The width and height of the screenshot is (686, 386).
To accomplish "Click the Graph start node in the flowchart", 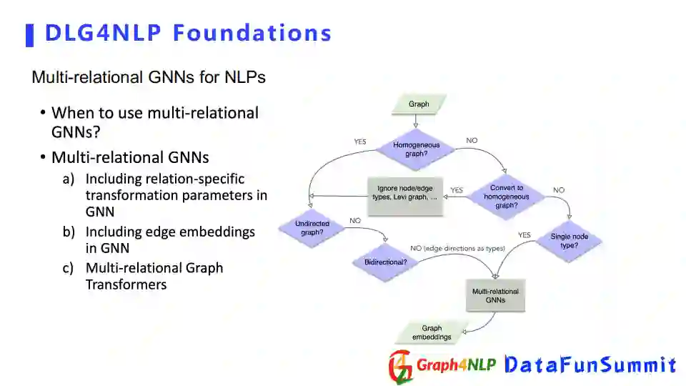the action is (419, 104).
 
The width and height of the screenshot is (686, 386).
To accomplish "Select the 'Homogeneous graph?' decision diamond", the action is (416, 149).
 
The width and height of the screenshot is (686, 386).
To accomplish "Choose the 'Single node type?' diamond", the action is (565, 240).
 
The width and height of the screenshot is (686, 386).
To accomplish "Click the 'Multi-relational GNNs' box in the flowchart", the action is (495, 296).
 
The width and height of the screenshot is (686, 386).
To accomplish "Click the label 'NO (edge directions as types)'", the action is (457, 248).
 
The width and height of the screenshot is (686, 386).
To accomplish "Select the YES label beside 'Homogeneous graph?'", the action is (360, 142).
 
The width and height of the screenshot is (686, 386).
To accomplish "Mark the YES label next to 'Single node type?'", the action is (524, 234).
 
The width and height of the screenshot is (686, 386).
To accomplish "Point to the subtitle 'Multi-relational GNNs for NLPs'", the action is (149, 77).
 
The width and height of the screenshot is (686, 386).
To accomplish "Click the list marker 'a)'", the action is (68, 179).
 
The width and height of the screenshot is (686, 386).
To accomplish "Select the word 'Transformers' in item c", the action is (126, 284).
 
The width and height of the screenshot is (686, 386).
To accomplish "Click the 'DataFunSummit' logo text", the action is (590, 365).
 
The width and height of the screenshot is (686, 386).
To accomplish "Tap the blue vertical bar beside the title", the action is (30, 34).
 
